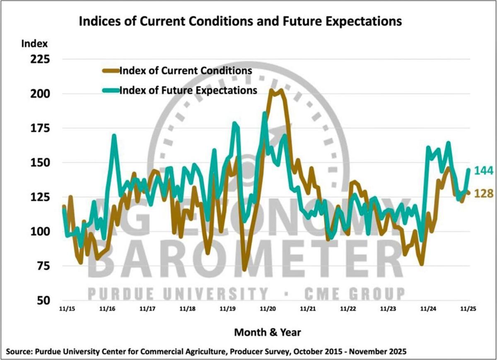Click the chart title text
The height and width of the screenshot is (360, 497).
[240, 21]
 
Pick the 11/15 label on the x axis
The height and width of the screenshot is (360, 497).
[67, 309]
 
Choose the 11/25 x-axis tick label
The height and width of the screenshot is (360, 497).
[469, 309]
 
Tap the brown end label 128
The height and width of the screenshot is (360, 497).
[482, 193]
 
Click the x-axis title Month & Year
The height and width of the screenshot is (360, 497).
[268, 332]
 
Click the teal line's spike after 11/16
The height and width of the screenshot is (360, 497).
[114, 135]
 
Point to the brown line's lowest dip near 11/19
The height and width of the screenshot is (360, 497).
[244, 270]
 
